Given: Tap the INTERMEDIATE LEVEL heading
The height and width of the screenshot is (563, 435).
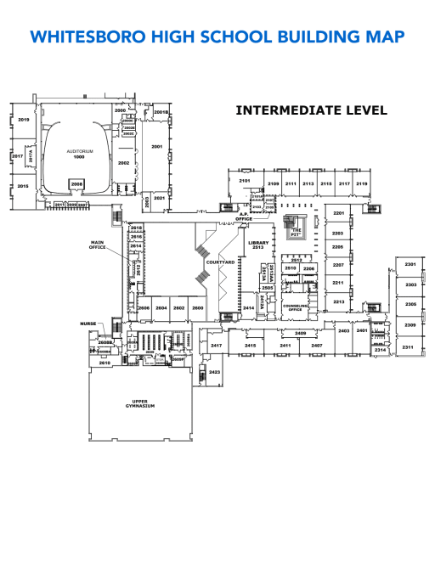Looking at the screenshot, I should tap(311, 110).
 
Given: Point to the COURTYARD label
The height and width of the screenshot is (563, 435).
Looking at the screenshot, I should tap(219, 262).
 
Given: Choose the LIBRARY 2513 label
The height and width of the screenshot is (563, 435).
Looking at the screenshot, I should tap(257, 245).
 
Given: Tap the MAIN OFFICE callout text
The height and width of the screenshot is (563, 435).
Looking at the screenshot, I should tap(98, 245).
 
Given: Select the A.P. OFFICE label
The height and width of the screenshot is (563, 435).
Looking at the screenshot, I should tap(245, 217).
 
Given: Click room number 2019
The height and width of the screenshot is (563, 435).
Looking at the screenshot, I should tap(23, 121).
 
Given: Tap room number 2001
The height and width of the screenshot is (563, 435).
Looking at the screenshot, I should tap(156, 146).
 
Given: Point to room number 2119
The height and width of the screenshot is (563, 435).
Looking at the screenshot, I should tap(361, 183).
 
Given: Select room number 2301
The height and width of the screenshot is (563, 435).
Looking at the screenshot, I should tap(410, 264).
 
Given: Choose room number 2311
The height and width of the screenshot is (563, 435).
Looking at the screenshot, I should tap(408, 347).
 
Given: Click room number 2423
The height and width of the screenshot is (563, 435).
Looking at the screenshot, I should tap(215, 372).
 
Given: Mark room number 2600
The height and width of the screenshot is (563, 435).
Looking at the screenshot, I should tap(197, 308).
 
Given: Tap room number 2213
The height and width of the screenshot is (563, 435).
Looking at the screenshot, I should tap(337, 301).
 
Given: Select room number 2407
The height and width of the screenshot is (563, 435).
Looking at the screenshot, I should tap(316, 346).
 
